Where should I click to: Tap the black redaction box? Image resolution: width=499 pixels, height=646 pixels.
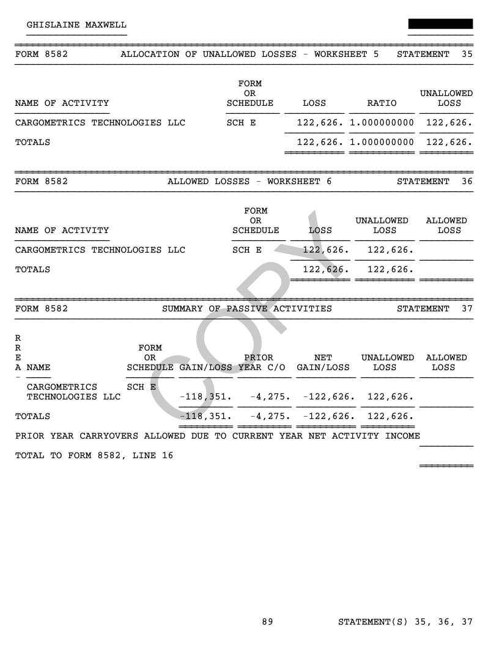440,24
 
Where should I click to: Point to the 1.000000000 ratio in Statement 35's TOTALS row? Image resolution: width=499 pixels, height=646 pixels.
382,143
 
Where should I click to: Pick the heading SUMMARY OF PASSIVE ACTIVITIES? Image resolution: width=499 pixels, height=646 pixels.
247,308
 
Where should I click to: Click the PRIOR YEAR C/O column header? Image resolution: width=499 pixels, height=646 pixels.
259,362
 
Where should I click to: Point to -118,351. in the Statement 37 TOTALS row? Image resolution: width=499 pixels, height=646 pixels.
205,416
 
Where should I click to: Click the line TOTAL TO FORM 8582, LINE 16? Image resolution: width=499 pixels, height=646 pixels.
94,455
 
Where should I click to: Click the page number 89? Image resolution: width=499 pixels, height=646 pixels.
267,622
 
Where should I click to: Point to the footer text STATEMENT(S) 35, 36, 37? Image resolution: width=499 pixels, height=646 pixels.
405,622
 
